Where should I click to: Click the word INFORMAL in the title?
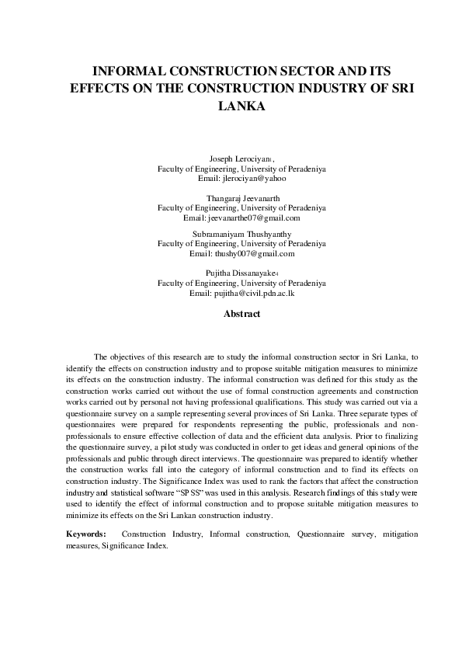(x=130, y=68)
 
